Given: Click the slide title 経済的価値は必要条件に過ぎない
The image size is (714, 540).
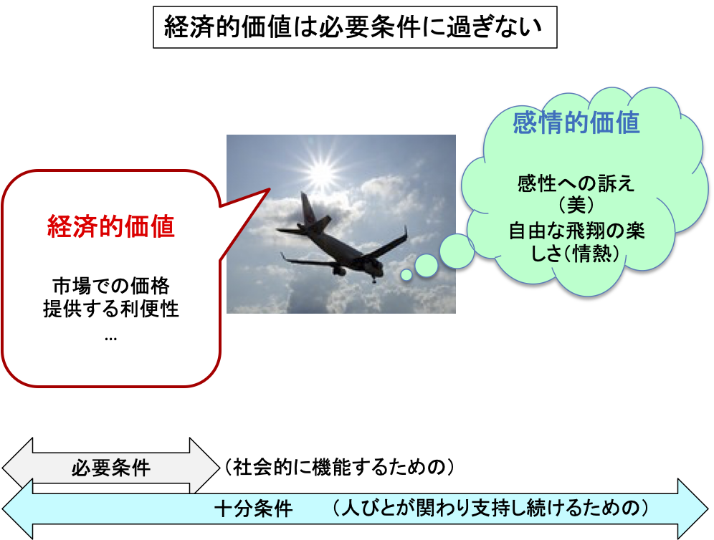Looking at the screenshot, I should pos(354,28).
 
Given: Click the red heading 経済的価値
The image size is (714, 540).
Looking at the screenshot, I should pos(111,228).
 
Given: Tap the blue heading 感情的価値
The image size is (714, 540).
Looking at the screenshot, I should pos(576,123).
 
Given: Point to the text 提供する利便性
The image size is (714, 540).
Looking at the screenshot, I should pos(111,311).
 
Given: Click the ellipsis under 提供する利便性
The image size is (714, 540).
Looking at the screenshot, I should pos(110,337).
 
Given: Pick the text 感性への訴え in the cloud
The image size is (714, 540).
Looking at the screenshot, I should pos(576,184).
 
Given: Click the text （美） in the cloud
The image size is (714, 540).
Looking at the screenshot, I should pos(576,207).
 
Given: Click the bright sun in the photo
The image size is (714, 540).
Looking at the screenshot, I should pos(320,170).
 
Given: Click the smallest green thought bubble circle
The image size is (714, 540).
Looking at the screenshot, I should pos(406,274).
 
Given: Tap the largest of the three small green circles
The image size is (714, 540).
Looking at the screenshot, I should pos(456,250).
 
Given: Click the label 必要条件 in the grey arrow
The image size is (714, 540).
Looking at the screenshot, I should pos(111,468).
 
